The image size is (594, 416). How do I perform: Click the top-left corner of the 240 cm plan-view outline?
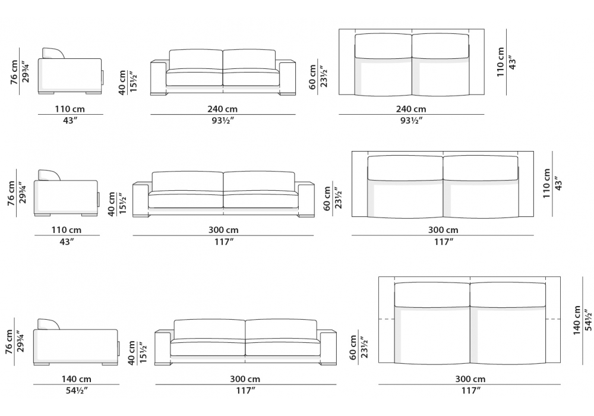[x=339, y=29]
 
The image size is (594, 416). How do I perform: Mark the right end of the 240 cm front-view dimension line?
[x=295, y=114]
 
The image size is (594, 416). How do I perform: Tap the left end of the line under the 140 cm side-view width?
[x=33, y=384]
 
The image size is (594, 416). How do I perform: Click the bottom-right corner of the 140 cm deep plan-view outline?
[x=560, y=362]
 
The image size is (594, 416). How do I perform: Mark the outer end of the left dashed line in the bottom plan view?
[x=379, y=319]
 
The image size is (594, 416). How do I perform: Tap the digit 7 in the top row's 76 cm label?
[x=14, y=80]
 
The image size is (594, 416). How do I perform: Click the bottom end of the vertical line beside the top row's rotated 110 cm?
[x=507, y=94]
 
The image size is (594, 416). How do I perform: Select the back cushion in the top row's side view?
[x=53, y=53]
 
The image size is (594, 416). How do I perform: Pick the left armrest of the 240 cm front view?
[x=158, y=77]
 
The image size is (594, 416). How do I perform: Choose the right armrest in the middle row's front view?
[x=306, y=199]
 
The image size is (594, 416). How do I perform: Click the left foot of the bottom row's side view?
[x=42, y=364]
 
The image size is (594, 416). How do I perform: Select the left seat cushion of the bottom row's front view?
[x=207, y=347]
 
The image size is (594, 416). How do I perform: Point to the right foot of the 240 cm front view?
[x=287, y=93]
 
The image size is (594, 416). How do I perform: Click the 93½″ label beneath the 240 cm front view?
[x=222, y=121]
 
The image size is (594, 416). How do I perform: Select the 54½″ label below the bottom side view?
[x=77, y=390]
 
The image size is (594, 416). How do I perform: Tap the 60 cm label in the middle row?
[x=327, y=198]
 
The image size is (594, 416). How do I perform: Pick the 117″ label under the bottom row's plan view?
[x=470, y=390]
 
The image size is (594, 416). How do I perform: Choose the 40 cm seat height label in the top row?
[x=122, y=82]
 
